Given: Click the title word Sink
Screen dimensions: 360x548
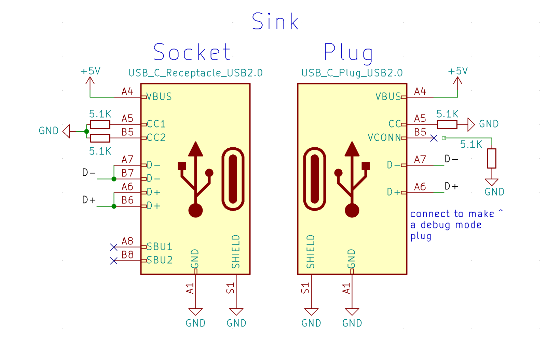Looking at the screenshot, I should click(x=275, y=22).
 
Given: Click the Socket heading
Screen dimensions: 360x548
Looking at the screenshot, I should click(x=192, y=52).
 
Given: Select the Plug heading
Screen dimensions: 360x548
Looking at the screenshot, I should click(x=348, y=53).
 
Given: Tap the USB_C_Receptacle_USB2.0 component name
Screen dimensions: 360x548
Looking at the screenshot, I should click(x=195, y=73).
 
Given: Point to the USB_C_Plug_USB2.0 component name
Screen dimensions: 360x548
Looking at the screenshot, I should click(x=352, y=73).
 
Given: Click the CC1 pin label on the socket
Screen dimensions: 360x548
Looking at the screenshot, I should click(x=156, y=124).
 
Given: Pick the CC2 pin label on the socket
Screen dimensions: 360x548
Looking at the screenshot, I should click(x=156, y=137).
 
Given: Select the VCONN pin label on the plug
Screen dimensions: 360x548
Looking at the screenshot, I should click(x=384, y=137).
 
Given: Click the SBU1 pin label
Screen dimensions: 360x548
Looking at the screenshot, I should click(x=159, y=246).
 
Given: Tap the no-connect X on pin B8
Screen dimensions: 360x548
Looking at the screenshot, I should click(x=114, y=261).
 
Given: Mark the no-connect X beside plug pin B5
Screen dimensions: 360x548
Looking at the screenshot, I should click(x=434, y=138).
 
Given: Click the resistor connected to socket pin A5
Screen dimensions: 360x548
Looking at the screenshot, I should click(x=100, y=124).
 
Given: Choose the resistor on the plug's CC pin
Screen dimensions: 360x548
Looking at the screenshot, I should click(x=447, y=124).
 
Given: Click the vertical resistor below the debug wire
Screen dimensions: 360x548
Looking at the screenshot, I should click(x=492, y=158).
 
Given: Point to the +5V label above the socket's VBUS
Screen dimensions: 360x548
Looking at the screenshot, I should click(x=90, y=71).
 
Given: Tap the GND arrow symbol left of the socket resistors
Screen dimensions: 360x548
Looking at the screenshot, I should click(x=67, y=131).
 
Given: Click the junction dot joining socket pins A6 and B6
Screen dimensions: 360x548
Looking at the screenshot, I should click(x=114, y=206).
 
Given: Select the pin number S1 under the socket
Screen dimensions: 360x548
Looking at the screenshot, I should click(x=231, y=288).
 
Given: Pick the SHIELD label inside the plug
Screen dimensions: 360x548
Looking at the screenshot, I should click(x=310, y=252).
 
